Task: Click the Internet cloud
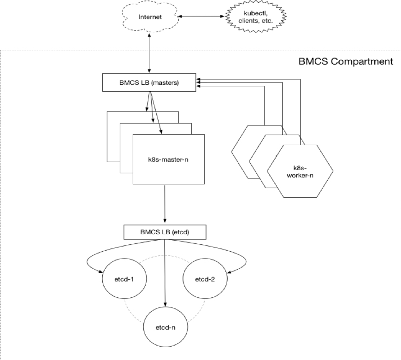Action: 151,18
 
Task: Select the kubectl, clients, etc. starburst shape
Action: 255,18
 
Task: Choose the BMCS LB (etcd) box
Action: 165,232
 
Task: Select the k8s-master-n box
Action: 168,159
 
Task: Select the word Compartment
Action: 368,61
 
